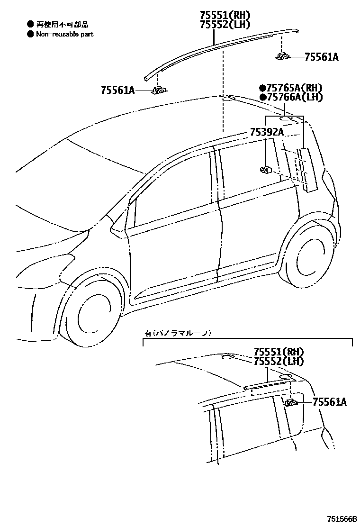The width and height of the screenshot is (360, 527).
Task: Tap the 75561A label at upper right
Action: (321, 57)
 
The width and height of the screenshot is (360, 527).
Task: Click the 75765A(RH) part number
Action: (294, 88)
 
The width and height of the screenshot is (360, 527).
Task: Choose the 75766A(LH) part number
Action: (294, 97)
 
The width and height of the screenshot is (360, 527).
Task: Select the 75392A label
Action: (266, 132)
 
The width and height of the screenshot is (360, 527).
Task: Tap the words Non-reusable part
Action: (65, 34)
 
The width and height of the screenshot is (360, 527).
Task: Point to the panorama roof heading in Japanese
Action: (178, 333)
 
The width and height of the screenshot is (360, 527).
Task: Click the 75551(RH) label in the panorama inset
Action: (279, 352)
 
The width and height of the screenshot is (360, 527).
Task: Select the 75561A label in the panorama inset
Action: (330, 402)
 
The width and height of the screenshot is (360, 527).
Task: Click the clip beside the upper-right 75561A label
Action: (283, 57)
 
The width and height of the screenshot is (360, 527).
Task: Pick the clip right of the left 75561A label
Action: (160, 90)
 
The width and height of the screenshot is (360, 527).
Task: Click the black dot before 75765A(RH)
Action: (262, 88)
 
